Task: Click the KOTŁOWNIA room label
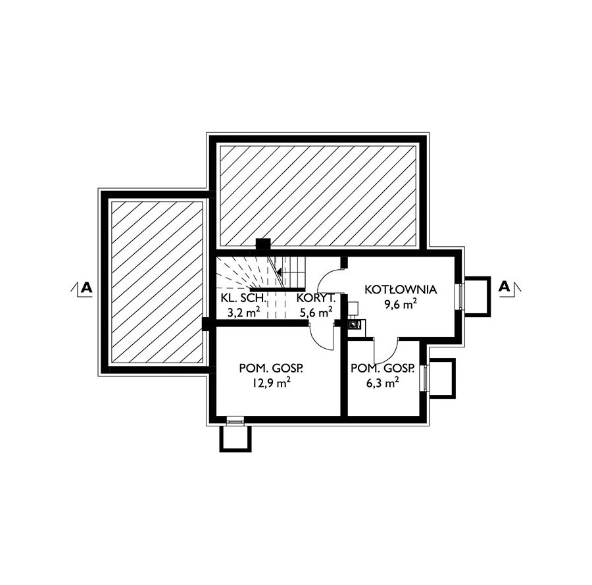pyautogui.click(x=401, y=290)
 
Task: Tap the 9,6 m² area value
pyautogui.click(x=401, y=305)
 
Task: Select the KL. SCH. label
pyautogui.click(x=243, y=298)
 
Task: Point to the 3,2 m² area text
pyautogui.click(x=244, y=313)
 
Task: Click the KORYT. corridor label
pyautogui.click(x=316, y=298)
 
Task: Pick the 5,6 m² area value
pyautogui.click(x=316, y=313)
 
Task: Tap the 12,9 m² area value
pyautogui.click(x=271, y=383)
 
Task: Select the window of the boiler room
pyautogui.click(x=460, y=295)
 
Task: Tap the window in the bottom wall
pyautogui.click(x=235, y=420)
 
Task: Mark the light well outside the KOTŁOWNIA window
pyautogui.click(x=477, y=295)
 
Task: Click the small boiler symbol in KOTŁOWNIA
pyautogui.click(x=355, y=324)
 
